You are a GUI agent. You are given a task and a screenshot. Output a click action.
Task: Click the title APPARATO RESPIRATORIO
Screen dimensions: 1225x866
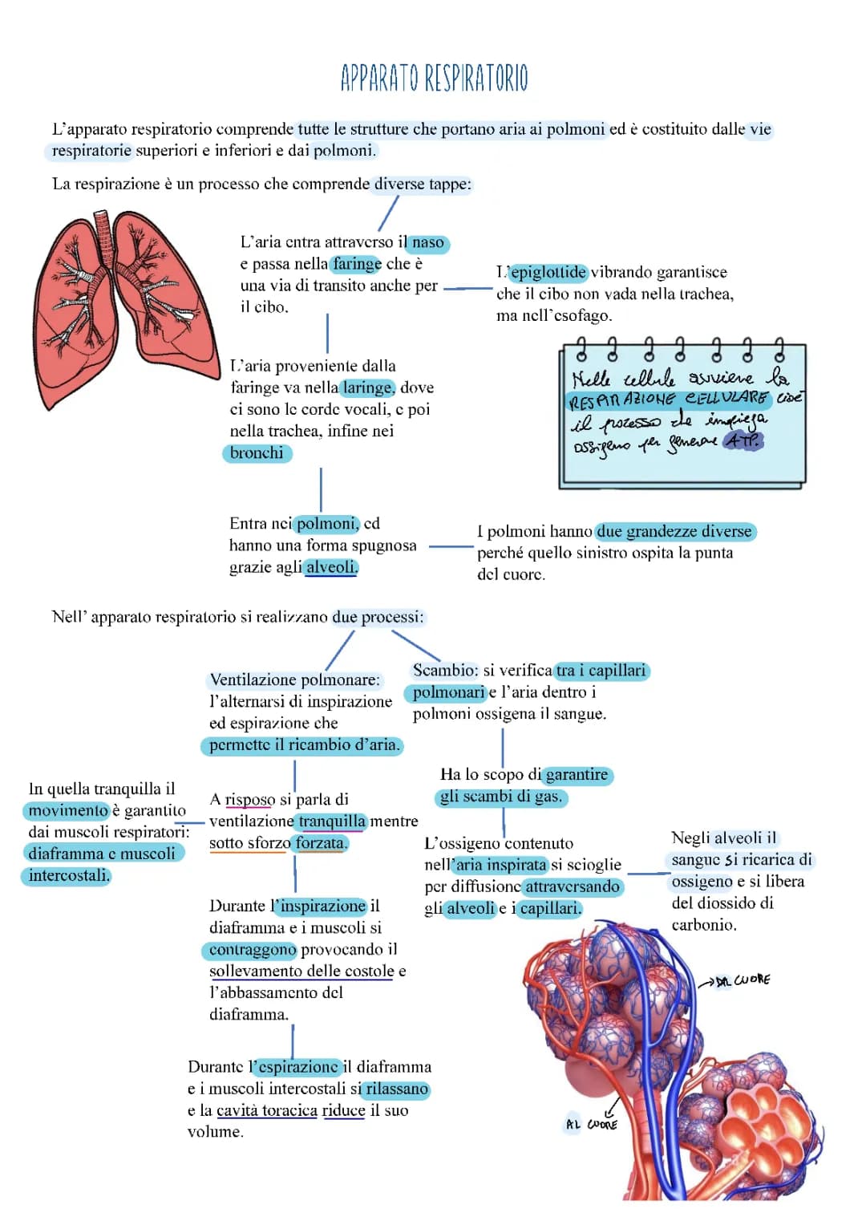[x=434, y=79]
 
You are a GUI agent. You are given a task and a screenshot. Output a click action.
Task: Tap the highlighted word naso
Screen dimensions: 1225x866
[x=428, y=242]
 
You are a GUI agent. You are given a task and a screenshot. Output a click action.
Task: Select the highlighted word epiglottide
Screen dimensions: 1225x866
[x=548, y=273]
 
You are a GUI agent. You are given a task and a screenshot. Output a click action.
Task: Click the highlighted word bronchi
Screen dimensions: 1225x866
[x=257, y=453]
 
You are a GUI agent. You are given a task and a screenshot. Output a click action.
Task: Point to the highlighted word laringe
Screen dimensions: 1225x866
[x=367, y=388]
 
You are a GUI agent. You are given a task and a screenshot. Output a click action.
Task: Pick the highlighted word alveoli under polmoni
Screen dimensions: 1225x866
[x=330, y=567]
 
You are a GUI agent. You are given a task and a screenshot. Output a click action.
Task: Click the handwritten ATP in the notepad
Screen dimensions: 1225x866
[x=743, y=440]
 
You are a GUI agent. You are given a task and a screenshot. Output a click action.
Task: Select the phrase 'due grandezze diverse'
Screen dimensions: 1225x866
[x=674, y=532]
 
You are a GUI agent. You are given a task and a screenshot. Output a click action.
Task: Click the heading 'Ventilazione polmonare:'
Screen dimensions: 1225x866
[x=294, y=680]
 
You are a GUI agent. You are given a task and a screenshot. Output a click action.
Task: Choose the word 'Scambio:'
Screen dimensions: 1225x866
[x=445, y=671]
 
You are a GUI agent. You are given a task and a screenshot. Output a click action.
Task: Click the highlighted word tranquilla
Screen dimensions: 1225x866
[x=332, y=821]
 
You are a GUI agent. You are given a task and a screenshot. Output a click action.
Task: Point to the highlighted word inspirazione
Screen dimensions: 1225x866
[x=322, y=907]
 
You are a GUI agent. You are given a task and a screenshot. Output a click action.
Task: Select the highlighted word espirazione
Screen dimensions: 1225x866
[x=297, y=1068]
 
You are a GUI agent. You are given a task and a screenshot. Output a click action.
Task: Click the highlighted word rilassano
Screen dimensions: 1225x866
[x=396, y=1089]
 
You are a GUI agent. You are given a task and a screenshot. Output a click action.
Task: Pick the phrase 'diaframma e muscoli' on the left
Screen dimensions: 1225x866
[x=102, y=854]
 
